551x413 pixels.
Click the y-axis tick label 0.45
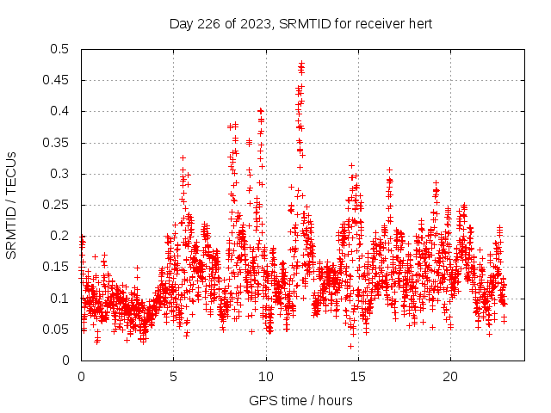(x=59, y=81)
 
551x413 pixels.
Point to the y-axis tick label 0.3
(x=62, y=174)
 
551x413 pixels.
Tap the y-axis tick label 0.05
(x=59, y=330)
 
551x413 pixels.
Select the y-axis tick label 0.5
(x=62, y=50)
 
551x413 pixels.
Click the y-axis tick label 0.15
(x=59, y=268)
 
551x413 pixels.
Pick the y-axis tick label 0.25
(x=59, y=205)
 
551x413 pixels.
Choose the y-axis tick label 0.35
(x=59, y=143)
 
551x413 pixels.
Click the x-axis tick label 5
(x=173, y=377)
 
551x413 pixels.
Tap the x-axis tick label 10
(x=266, y=377)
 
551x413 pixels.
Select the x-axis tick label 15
(x=358, y=377)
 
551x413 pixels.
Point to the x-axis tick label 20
(x=450, y=377)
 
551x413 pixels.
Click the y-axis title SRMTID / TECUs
(x=12, y=205)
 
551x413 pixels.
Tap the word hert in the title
(x=418, y=23)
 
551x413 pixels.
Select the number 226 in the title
(x=206, y=23)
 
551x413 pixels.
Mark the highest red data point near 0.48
(x=301, y=63)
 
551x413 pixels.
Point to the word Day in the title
(x=181, y=23)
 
